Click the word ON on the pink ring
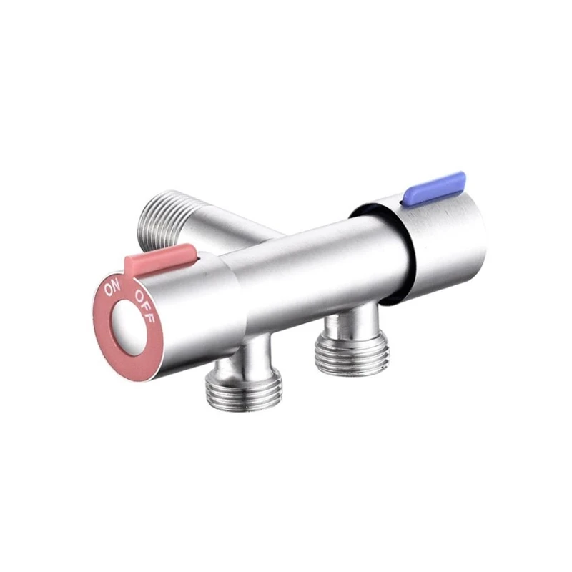point(112,290)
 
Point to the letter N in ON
point(116,287)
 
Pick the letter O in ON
point(108,292)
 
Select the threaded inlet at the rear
point(159,216)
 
